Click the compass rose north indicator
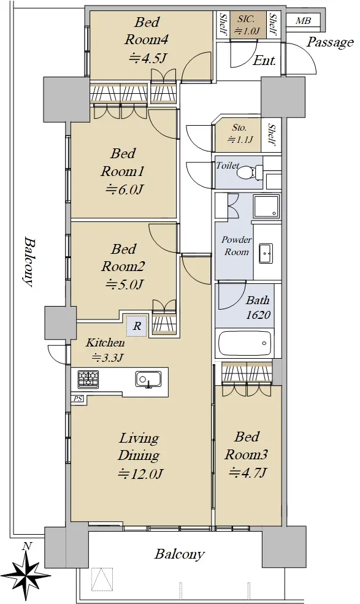[26, 570]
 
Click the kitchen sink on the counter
[148, 380]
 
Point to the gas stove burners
[88, 379]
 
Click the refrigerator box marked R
[137, 326]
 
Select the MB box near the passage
[303, 21]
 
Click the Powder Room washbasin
[266, 253]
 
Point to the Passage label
[330, 42]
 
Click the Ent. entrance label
[264, 61]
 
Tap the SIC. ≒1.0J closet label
[247, 25]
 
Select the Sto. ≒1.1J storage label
[240, 134]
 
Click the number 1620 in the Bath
[258, 315]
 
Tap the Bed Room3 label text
[247, 446]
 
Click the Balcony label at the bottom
[179, 554]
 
